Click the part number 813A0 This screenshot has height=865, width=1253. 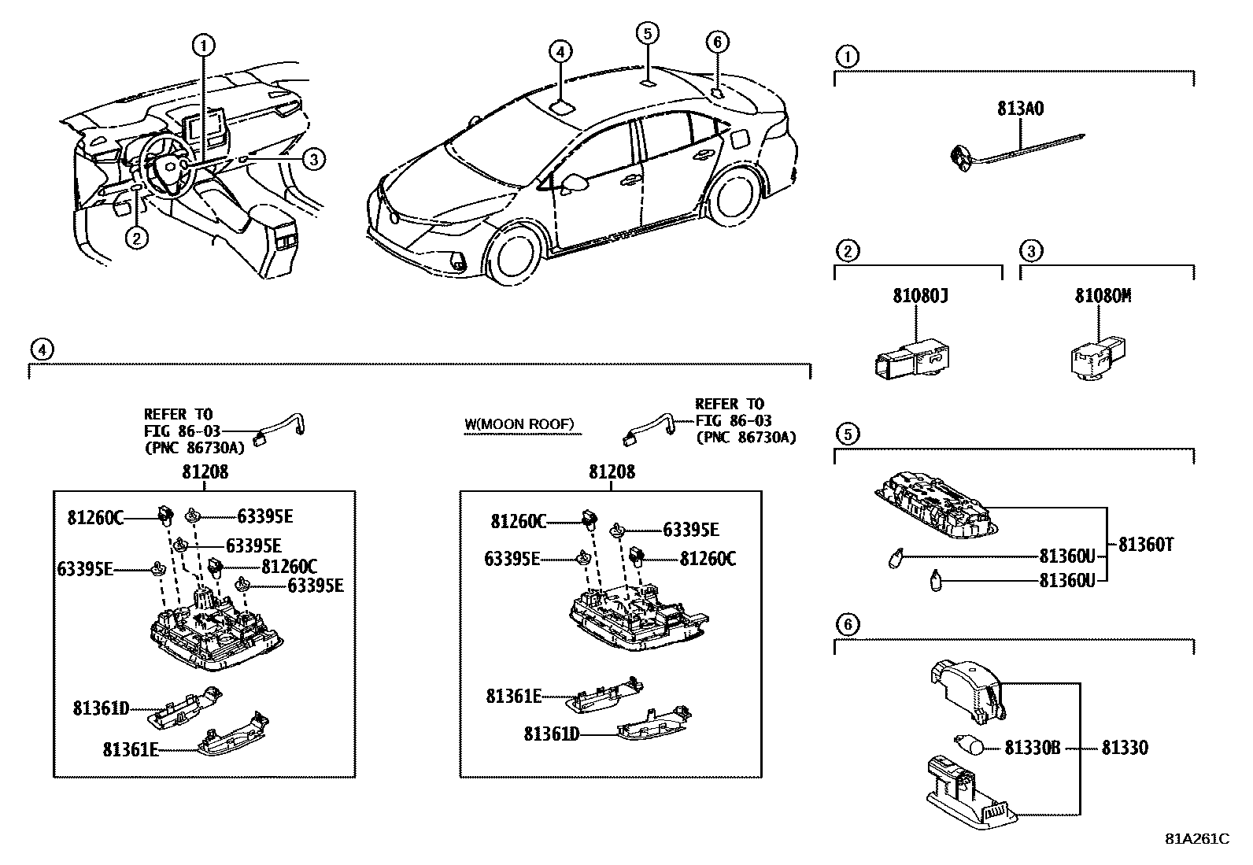(x=1020, y=109)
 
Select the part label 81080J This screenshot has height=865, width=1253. (x=919, y=297)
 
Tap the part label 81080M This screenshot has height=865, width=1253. (x=1103, y=297)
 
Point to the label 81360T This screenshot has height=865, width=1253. (x=1145, y=544)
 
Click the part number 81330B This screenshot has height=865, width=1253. (x=1032, y=748)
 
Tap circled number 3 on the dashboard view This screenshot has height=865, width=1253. (x=313, y=160)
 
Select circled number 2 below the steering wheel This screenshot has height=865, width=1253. (x=136, y=238)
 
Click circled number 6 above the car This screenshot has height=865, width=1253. (x=717, y=42)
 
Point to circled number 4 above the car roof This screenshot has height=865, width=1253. (x=559, y=52)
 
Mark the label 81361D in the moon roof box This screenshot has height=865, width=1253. (x=552, y=734)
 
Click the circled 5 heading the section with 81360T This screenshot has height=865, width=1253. (x=847, y=434)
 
